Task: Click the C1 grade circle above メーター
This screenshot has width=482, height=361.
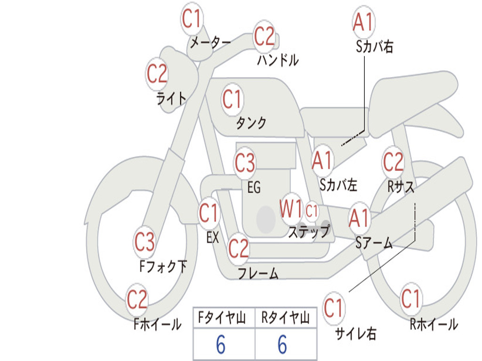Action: coord(192,19)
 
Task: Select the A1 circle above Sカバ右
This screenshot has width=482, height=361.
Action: coord(364,22)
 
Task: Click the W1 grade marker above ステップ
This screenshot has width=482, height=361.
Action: coord(291,209)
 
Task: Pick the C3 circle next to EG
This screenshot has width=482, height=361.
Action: coord(245,162)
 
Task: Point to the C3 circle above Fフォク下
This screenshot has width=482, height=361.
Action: coord(145,242)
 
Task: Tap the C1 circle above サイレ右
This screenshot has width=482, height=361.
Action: coord(334,307)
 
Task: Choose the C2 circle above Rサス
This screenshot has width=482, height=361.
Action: coord(393,162)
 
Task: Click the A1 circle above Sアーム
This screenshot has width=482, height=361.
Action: coord(359,218)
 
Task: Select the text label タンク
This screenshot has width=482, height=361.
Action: coord(251,123)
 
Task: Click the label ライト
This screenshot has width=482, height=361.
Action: coord(171,99)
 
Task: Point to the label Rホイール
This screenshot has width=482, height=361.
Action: coord(434,324)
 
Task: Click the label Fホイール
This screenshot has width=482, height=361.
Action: coord(157,324)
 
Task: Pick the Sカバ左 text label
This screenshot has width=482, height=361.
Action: coord(338,185)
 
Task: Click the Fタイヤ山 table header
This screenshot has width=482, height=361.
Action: coord(222,318)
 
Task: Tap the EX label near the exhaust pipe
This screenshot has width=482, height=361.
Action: coord(213,237)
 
